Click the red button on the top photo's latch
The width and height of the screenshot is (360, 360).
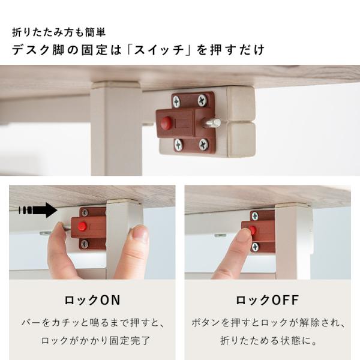click(166, 122)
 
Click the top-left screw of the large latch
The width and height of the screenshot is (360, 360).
click(176, 101)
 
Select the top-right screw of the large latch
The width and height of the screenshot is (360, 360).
click(202, 100)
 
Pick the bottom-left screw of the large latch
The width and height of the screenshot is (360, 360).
click(178, 145)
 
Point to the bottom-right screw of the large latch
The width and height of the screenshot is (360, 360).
click(203, 145)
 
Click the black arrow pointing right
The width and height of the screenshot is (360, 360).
click(38, 210)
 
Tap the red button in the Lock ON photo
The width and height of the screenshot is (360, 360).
click(82, 226)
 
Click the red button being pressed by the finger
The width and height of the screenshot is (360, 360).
click(253, 230)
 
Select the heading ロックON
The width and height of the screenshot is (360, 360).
click(92, 300)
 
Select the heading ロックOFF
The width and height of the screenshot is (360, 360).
click(268, 300)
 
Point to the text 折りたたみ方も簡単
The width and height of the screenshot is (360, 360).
click(59, 32)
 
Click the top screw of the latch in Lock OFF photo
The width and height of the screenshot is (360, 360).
click(255, 216)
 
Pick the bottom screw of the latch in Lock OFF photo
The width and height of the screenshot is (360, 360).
click(255, 247)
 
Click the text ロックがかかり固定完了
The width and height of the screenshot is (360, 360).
click(96, 340)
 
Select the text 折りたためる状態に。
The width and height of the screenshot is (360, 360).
click(269, 340)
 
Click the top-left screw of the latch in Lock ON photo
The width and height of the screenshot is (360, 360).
click(85, 212)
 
